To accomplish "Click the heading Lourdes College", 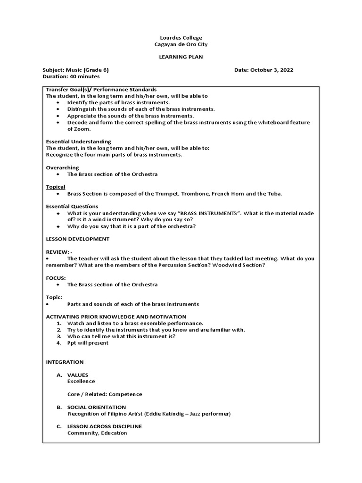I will click(x=181, y=38).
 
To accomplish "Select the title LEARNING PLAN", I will click(x=181, y=57).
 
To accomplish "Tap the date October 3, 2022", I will click(x=271, y=70).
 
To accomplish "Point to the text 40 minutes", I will click(x=83, y=76).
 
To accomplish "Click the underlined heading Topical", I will click(x=56, y=187).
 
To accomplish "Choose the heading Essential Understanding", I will click(x=78, y=142).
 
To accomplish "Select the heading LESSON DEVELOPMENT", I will click(x=77, y=239).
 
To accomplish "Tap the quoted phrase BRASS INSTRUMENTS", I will click(x=208, y=213).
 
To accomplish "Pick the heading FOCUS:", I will click(x=56, y=278).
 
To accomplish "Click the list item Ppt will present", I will click(x=88, y=343).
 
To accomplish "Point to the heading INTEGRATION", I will click(x=65, y=362).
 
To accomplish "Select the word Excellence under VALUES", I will click(x=81, y=381).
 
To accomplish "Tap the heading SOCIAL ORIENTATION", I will click(x=97, y=407).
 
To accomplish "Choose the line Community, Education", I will click(x=97, y=433).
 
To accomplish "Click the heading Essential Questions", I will click(x=72, y=207).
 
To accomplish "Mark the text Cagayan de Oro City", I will click(x=181, y=44).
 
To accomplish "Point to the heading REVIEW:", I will click(x=58, y=252).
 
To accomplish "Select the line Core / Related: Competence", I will click(x=105, y=394).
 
